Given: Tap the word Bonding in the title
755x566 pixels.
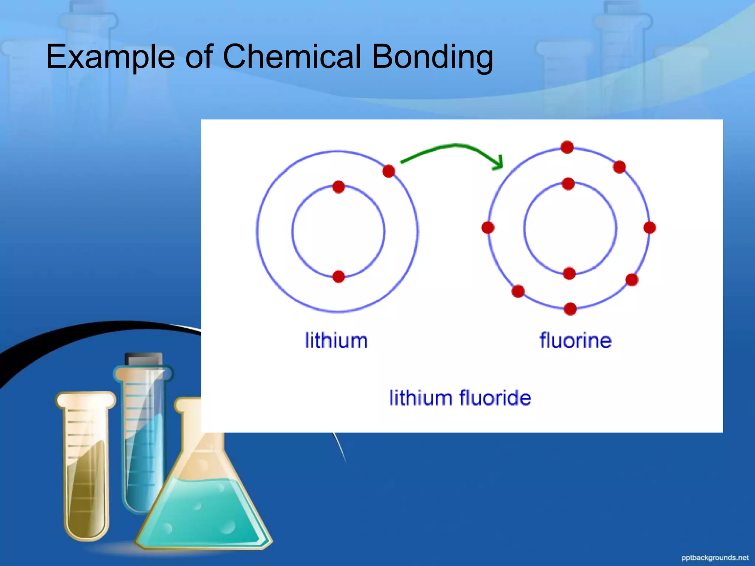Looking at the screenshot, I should [x=432, y=57].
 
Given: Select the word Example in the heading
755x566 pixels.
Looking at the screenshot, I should [x=110, y=57].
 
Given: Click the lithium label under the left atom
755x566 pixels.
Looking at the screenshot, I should [x=336, y=340].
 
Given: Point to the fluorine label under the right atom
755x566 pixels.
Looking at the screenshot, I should [x=575, y=340].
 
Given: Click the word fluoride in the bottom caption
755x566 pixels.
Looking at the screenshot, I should [x=495, y=398].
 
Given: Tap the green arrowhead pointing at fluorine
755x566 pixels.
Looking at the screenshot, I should [x=498, y=163].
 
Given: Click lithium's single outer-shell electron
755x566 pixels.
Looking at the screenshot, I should [x=389, y=171].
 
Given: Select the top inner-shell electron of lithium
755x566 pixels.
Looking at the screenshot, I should [x=338, y=187].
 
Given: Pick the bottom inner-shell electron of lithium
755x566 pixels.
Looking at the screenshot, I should [x=338, y=276].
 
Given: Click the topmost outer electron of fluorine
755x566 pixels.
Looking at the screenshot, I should [x=567, y=147].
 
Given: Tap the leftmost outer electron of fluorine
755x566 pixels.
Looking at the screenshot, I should [x=488, y=228].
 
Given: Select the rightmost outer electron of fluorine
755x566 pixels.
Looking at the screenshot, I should [x=650, y=228].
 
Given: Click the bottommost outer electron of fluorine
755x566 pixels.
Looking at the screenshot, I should [x=570, y=309].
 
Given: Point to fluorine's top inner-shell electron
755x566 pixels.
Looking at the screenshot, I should [x=568, y=184].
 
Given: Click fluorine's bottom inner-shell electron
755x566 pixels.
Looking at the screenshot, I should [x=569, y=273].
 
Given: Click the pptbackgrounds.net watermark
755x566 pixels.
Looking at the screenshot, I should [x=714, y=558].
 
